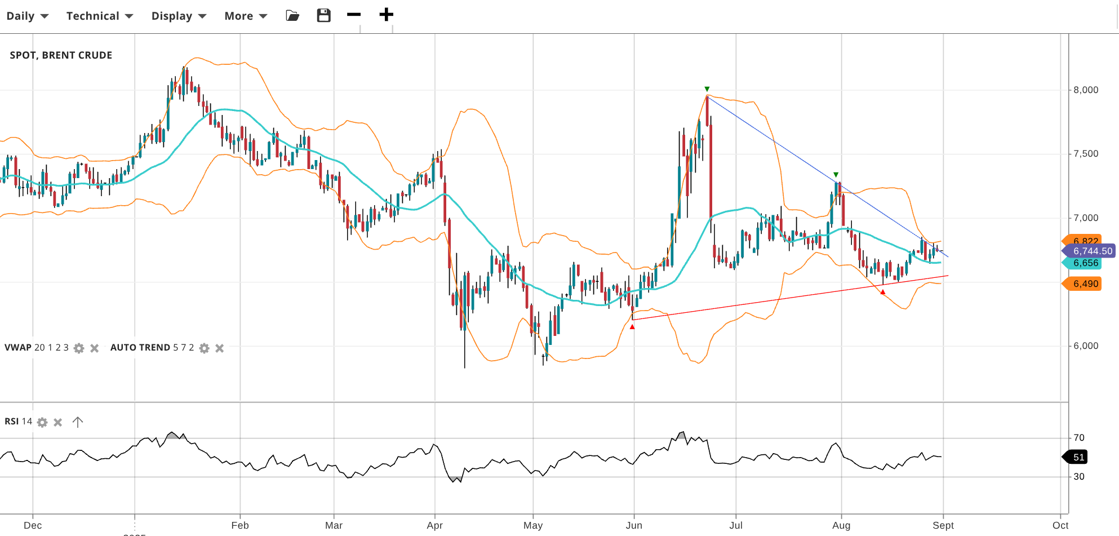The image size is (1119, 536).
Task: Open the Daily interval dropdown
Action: tap(27, 16)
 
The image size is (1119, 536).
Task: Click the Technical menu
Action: tap(99, 16)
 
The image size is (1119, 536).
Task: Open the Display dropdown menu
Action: tap(179, 16)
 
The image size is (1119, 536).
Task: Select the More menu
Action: tap(246, 16)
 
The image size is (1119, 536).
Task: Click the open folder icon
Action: tap(292, 15)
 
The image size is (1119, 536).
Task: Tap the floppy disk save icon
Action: tap(323, 15)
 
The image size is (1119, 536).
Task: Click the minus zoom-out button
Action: tap(354, 15)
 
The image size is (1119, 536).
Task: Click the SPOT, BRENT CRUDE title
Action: tap(61, 55)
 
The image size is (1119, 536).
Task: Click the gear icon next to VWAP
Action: tap(79, 348)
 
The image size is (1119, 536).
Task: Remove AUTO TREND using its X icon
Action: tap(220, 348)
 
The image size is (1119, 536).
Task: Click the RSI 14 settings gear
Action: tap(42, 422)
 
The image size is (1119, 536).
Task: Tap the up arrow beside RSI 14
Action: tap(78, 422)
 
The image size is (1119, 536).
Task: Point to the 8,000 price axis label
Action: tap(1085, 90)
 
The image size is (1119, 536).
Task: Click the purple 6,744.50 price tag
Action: tap(1091, 251)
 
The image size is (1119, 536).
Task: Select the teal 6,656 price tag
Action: tap(1084, 263)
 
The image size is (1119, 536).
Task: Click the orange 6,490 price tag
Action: tap(1084, 283)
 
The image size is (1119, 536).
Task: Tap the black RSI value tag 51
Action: tap(1077, 457)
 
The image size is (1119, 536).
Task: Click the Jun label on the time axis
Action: tap(634, 525)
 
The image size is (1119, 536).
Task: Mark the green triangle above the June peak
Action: tap(707, 89)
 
